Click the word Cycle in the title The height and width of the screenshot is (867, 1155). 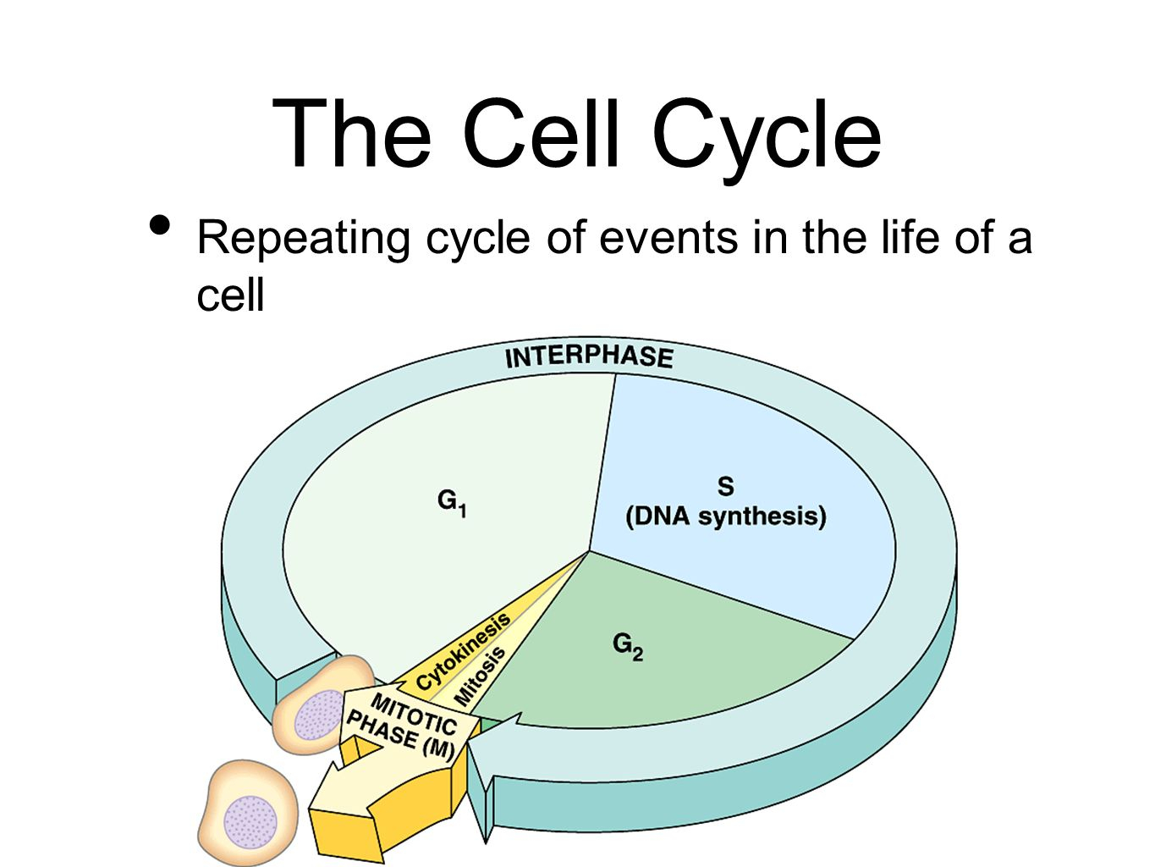[767, 139]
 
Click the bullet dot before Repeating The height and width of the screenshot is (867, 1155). [160, 225]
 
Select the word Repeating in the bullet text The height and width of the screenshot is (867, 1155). [303, 239]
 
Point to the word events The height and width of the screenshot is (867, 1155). [668, 238]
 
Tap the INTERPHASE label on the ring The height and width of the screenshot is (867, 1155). [589, 357]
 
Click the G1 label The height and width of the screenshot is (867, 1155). [452, 502]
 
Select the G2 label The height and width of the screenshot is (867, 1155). [628, 646]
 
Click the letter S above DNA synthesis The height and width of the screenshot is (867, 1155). [725, 487]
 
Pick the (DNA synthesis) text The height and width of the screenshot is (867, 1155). [726, 516]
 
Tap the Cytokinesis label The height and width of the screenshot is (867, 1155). [463, 651]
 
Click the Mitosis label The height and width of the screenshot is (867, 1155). [480, 676]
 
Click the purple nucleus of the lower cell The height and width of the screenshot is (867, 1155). [250, 822]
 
